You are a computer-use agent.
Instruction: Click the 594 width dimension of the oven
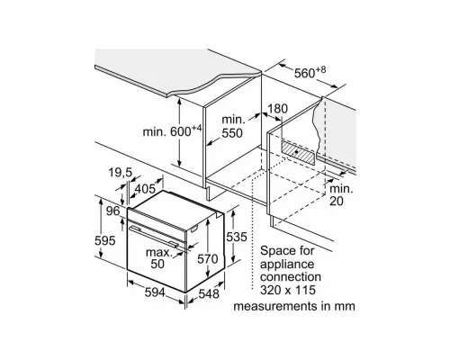(x=155, y=292)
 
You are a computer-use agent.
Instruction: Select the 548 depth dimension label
(x=209, y=293)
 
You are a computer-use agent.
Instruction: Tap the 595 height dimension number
(x=105, y=240)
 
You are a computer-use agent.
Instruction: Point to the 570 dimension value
(x=208, y=258)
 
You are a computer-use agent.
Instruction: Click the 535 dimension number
(x=237, y=237)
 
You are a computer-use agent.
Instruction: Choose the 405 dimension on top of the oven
(x=145, y=189)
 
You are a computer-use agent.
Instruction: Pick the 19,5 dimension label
(x=120, y=173)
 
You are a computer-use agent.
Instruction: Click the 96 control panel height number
(x=113, y=211)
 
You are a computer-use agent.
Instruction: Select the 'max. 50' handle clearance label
(x=159, y=258)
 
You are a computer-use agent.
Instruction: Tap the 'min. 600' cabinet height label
(x=172, y=130)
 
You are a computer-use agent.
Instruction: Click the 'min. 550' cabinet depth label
(x=232, y=126)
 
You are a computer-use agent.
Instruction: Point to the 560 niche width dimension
(x=310, y=72)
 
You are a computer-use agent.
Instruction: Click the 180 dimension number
(x=277, y=109)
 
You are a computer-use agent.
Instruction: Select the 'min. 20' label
(x=341, y=195)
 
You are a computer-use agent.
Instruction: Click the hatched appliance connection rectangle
(x=299, y=153)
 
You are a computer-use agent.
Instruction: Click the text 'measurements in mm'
(x=294, y=306)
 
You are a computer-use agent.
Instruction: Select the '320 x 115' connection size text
(x=288, y=290)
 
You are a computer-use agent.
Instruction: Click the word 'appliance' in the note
(x=287, y=265)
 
